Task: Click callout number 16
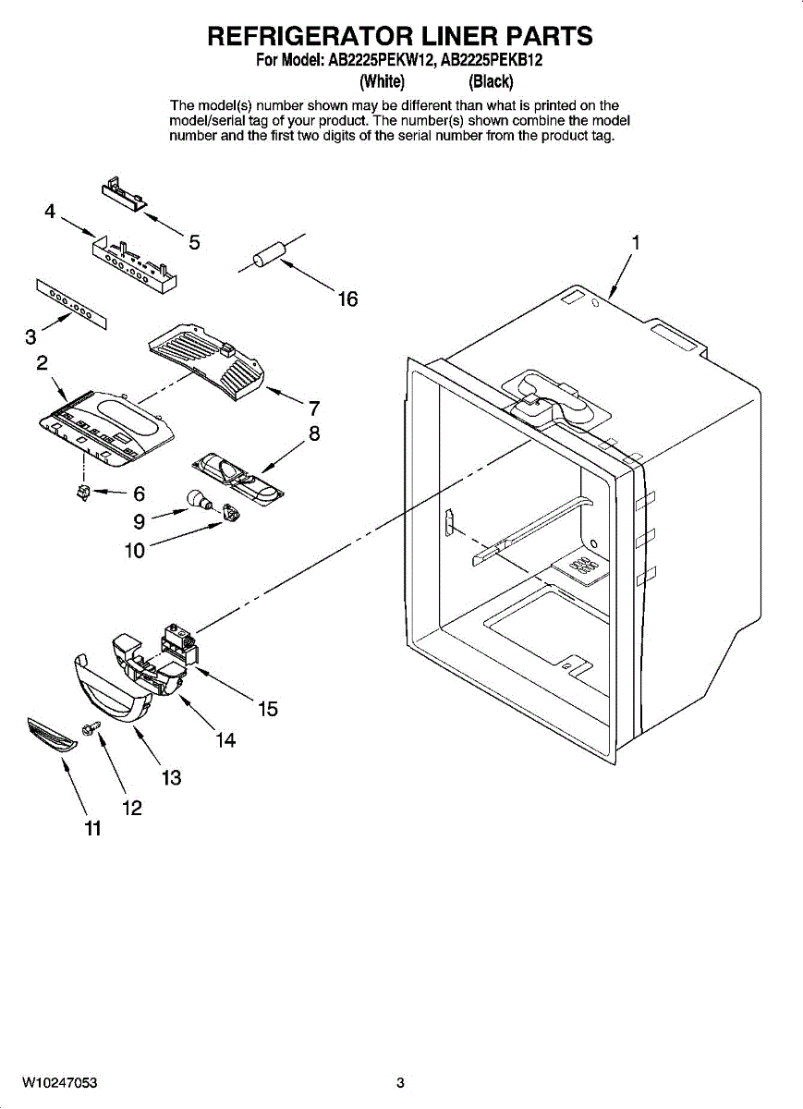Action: click(347, 299)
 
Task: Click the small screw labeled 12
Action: click(91, 729)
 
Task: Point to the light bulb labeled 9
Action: click(197, 500)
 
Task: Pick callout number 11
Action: click(92, 829)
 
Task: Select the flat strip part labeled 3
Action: click(72, 301)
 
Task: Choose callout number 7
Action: click(314, 408)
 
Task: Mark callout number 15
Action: click(268, 709)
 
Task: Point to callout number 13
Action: click(171, 777)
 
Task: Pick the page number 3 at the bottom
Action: click(400, 1083)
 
